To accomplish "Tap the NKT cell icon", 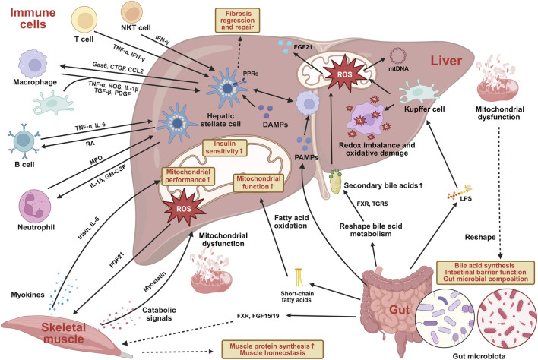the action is [x=131, y=12].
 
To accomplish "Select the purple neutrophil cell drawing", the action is [x=35, y=207].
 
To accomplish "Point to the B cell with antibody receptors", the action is [x=24, y=141].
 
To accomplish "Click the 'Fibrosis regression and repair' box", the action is [x=237, y=21].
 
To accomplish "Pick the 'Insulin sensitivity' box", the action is [x=225, y=148].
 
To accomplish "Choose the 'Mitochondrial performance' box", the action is [x=187, y=176].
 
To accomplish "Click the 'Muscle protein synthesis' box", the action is [x=272, y=349].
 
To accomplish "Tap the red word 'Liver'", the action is [x=446, y=61].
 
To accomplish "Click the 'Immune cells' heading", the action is [x=33, y=18].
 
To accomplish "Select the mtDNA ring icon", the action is [x=398, y=55].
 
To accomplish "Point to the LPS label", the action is [x=466, y=198].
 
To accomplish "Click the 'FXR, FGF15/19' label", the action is [x=258, y=316].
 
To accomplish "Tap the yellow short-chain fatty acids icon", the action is [x=299, y=277].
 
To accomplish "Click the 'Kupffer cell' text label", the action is [x=425, y=109].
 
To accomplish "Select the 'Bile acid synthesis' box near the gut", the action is [x=486, y=273].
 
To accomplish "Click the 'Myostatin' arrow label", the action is [x=154, y=282].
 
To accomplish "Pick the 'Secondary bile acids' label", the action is [x=383, y=185].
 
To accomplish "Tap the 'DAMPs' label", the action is [x=275, y=125].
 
